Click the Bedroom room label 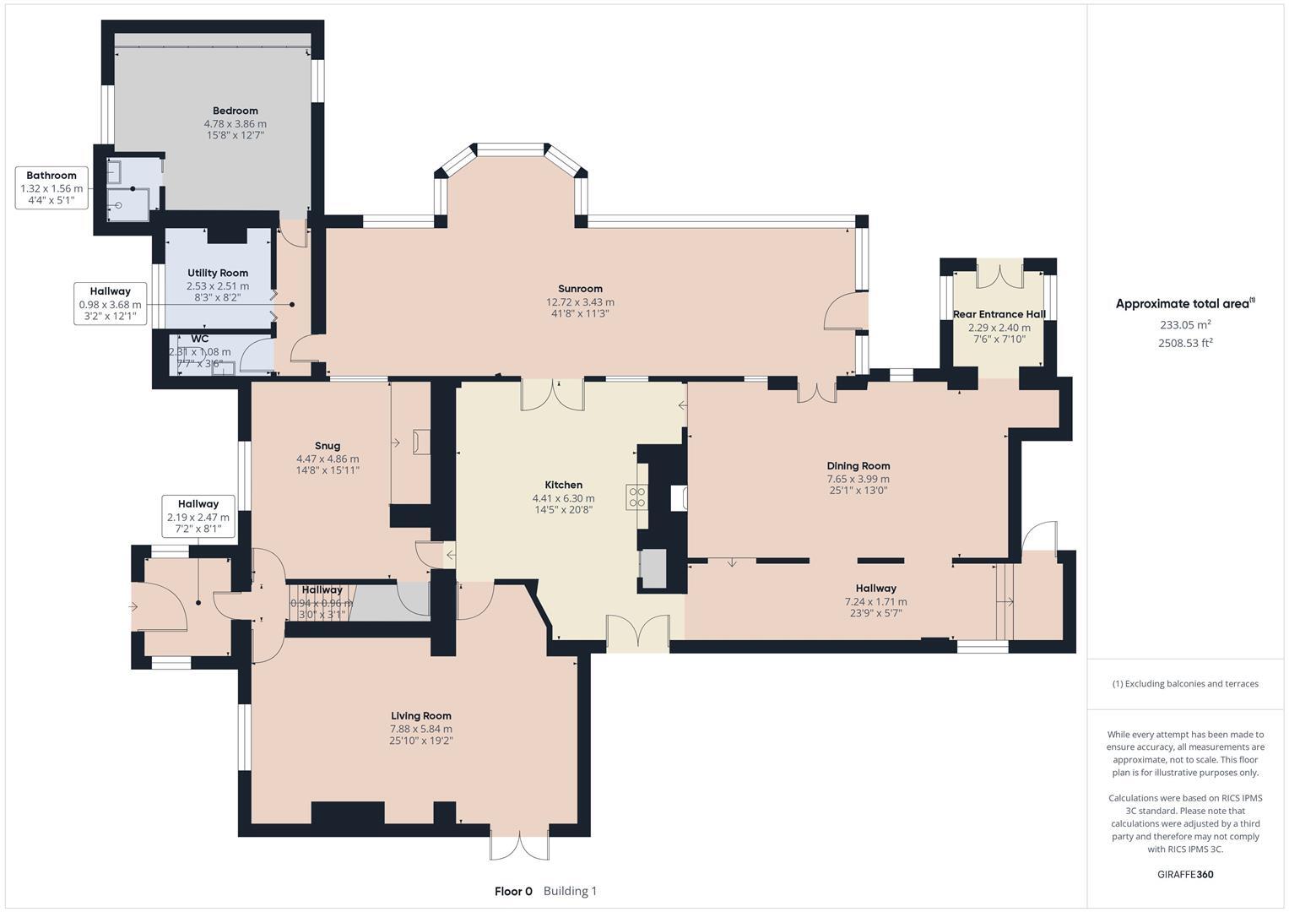(x=235, y=111)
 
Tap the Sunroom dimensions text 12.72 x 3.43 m (x=580, y=301)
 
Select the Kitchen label (x=563, y=485)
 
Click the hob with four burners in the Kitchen (x=636, y=497)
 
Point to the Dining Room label (x=858, y=465)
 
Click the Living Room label (x=420, y=715)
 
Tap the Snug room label (x=328, y=446)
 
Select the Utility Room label (x=218, y=273)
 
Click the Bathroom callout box (x=51, y=187)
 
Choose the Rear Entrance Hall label (x=999, y=314)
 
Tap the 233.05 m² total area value (x=1184, y=324)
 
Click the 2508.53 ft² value (x=1184, y=343)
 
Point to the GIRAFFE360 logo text (x=1184, y=874)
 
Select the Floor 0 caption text (x=513, y=891)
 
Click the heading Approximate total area (x=1184, y=304)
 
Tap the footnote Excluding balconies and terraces (x=1184, y=683)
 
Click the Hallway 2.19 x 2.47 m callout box (x=198, y=516)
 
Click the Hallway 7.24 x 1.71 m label (x=875, y=588)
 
